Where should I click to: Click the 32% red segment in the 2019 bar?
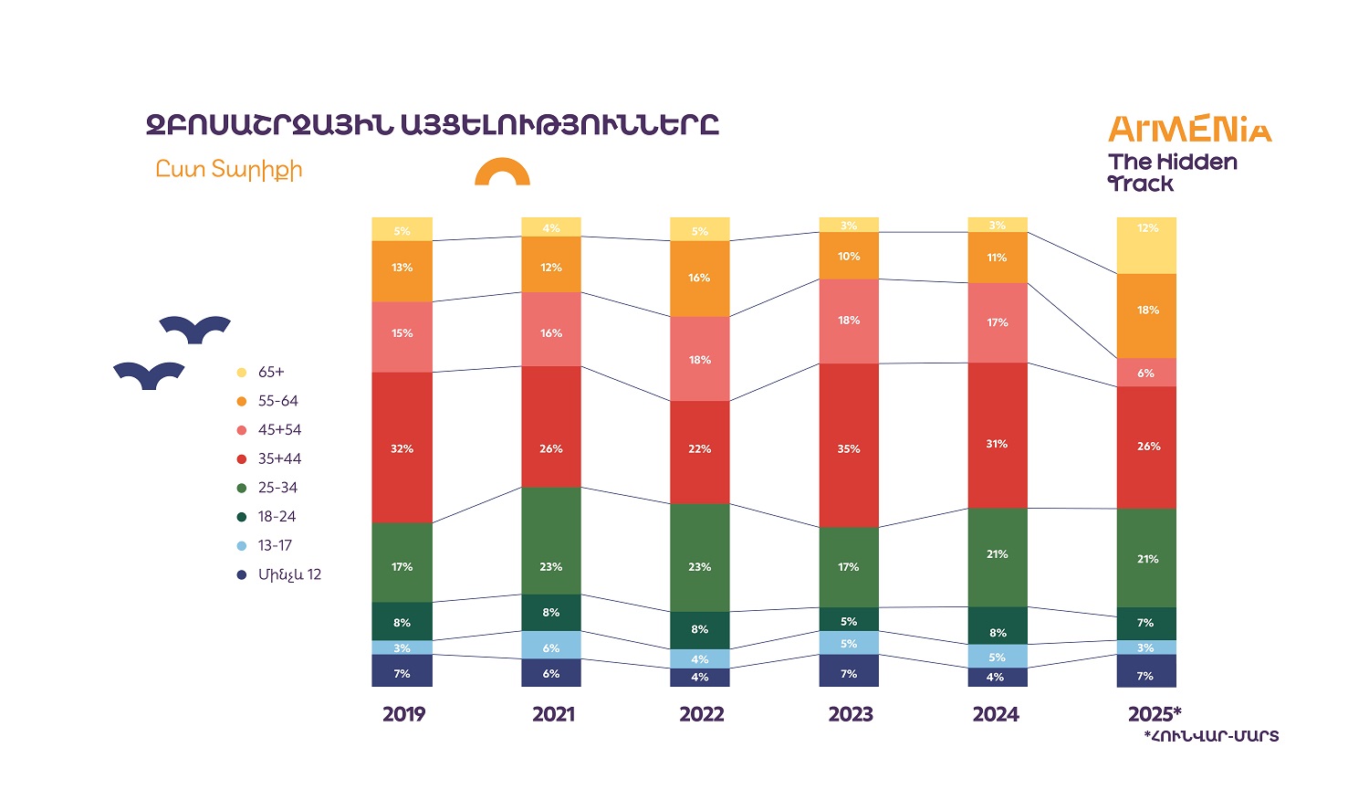point(402,447)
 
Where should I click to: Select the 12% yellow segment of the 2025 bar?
point(1146,246)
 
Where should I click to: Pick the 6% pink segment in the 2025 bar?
point(1146,373)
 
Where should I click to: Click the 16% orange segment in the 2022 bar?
point(700,279)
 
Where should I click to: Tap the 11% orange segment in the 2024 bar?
point(998,258)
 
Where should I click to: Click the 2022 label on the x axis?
point(701,714)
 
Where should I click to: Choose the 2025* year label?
point(1154,714)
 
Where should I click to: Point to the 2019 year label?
point(403,714)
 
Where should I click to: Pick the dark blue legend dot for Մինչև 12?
point(242,574)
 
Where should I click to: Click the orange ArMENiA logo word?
point(1189,130)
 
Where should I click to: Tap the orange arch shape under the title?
point(502,172)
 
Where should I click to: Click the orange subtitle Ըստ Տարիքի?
point(228,170)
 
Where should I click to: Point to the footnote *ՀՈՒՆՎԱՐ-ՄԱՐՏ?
point(1211,736)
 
